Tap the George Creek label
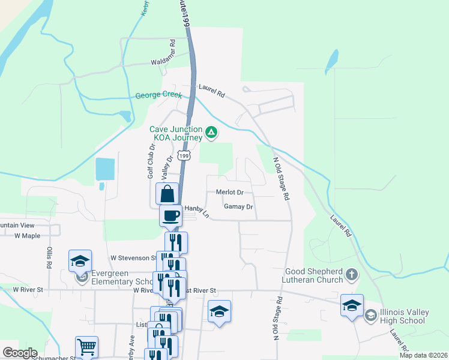point(158,95)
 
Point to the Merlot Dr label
point(229,193)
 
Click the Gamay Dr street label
point(238,207)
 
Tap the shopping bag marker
point(167,194)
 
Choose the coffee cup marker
point(171,215)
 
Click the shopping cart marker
point(86,347)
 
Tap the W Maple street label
point(27,236)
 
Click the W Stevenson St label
point(133,258)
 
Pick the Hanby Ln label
point(196,209)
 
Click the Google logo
point(20,353)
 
